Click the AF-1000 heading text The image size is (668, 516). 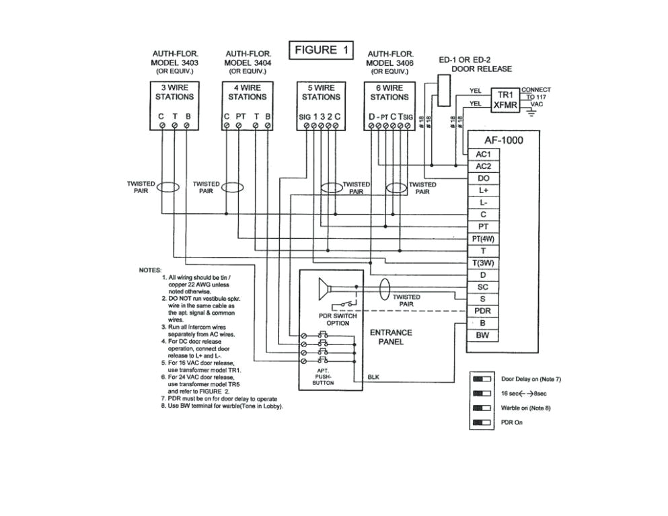pyautogui.click(x=503, y=141)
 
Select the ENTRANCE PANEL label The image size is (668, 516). pyautogui.click(x=391, y=337)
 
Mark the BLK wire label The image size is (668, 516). pyautogui.click(x=373, y=377)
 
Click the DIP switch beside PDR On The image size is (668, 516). pyautogui.click(x=482, y=422)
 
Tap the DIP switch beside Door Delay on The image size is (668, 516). pyautogui.click(x=482, y=379)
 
